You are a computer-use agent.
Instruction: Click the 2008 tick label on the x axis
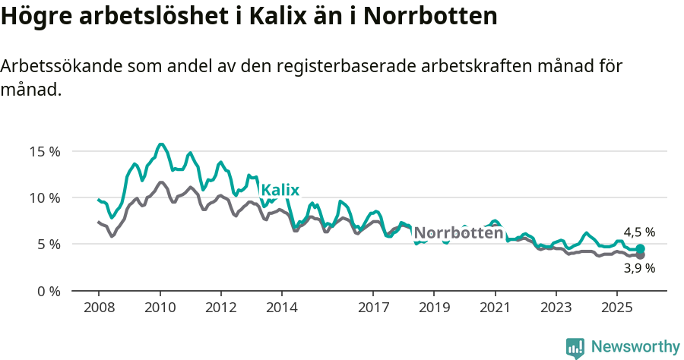pyautogui.click(x=99, y=308)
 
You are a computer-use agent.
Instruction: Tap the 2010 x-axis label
pyautogui.click(x=160, y=308)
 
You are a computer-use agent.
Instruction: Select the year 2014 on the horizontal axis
pyautogui.click(x=281, y=308)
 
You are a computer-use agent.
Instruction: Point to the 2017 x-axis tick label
pyautogui.click(x=372, y=308)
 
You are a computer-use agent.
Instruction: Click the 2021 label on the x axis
pyautogui.click(x=495, y=308)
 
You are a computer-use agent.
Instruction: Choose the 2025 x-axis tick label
pyautogui.click(x=616, y=308)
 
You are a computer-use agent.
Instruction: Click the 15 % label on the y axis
pyautogui.click(x=46, y=151)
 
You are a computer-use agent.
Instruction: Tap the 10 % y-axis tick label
pyautogui.click(x=46, y=197)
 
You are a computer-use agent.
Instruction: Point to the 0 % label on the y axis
pyautogui.click(x=49, y=291)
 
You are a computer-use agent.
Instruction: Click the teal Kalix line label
pyautogui.click(x=280, y=190)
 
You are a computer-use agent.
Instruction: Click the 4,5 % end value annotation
pyautogui.click(x=639, y=232)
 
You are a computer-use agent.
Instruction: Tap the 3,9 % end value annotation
pyautogui.click(x=639, y=268)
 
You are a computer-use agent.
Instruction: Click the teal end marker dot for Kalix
pyautogui.click(x=641, y=249)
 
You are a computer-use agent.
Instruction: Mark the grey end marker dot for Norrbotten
pyautogui.click(x=641, y=255)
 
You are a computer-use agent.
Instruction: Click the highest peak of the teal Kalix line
pyautogui.click(x=160, y=144)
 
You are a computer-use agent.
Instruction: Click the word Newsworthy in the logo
pyautogui.click(x=635, y=347)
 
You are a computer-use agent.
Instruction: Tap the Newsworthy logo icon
pyautogui.click(x=575, y=348)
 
